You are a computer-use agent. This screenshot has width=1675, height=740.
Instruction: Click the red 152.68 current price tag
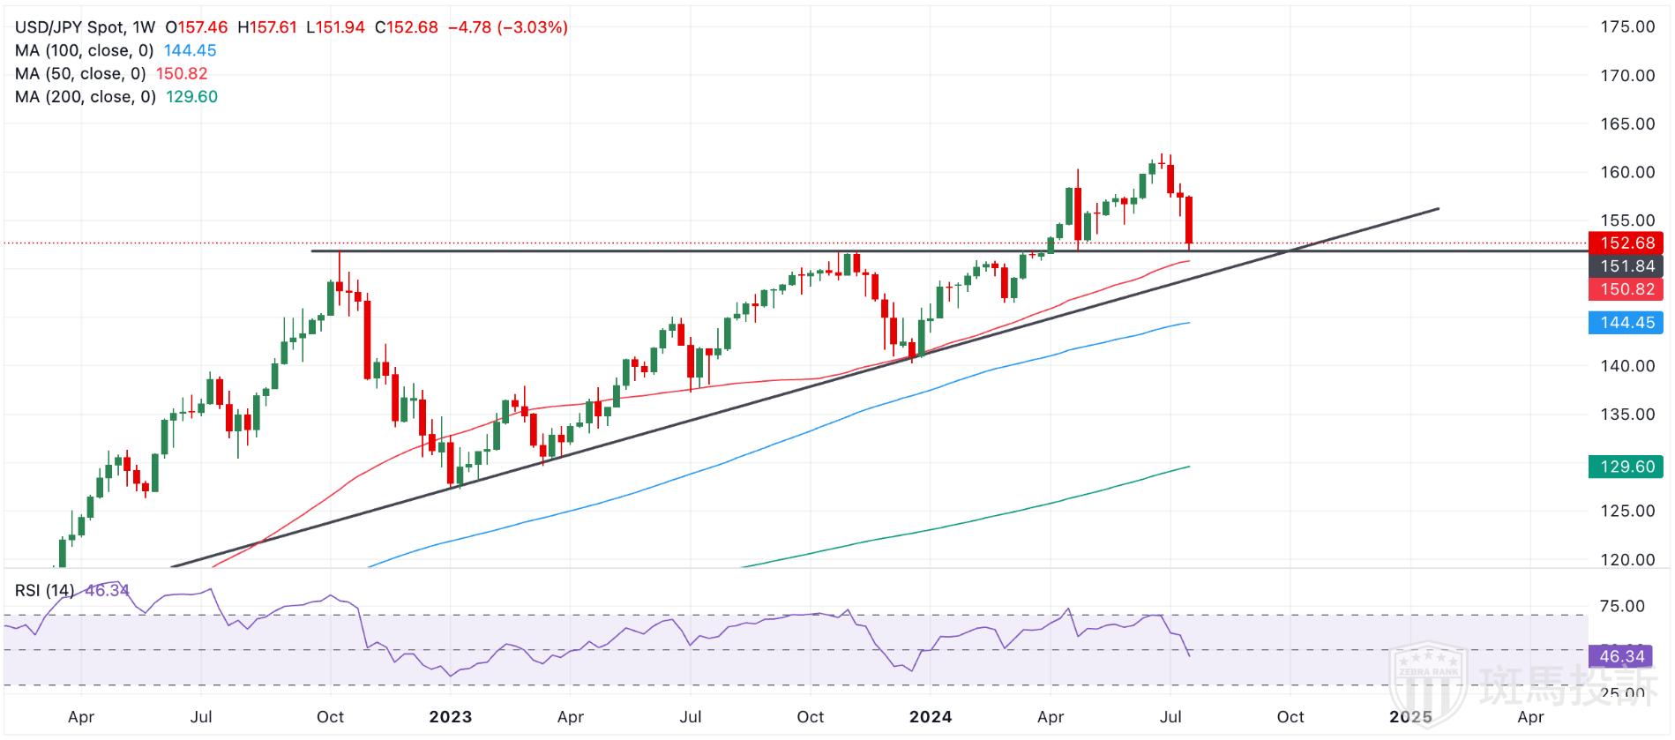point(1626,243)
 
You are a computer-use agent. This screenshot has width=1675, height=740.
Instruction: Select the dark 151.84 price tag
point(1626,266)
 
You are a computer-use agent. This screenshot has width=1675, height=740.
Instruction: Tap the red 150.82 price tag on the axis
point(1626,289)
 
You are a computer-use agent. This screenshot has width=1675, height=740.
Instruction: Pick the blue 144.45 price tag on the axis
point(1626,323)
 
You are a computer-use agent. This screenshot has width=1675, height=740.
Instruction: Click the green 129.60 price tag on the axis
point(1626,467)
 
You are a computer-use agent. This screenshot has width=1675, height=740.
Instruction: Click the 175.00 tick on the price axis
point(1627,27)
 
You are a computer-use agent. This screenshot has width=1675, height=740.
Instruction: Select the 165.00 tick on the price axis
point(1627,124)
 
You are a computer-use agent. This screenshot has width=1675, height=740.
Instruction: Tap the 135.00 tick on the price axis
point(1627,415)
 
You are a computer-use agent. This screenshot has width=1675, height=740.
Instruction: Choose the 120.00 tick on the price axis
point(1627,559)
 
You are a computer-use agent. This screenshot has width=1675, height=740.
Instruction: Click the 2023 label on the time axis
point(450,717)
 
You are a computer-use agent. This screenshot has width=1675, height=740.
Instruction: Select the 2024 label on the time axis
point(931,717)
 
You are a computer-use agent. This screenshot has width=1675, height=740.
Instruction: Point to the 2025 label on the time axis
point(1410,717)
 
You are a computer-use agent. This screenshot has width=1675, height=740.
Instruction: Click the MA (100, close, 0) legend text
point(84,51)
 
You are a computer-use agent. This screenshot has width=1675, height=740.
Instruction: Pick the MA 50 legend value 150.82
point(182,74)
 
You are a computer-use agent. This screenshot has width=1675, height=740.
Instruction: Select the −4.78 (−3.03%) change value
point(507,27)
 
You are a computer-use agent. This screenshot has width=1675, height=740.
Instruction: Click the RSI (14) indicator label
point(44,590)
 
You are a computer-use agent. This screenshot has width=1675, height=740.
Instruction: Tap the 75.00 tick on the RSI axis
point(1622,606)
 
